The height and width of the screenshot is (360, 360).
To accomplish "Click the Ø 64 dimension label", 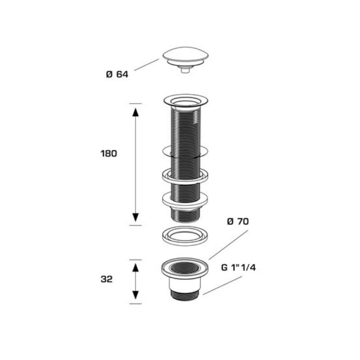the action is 117,74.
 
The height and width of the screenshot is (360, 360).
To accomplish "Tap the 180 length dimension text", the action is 109,153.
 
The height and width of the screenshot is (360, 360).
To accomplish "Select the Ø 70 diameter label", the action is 238,221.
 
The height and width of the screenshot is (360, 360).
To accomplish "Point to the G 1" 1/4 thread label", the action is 238,267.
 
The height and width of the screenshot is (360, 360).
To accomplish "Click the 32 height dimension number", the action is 107,279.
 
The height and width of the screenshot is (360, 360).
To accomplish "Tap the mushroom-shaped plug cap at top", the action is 185,57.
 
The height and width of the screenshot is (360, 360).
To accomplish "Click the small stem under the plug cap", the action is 185,70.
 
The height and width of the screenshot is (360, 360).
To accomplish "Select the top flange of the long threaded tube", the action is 185,101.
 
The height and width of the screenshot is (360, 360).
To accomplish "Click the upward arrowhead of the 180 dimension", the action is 135,112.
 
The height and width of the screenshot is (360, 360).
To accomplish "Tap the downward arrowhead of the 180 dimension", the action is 135,217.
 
